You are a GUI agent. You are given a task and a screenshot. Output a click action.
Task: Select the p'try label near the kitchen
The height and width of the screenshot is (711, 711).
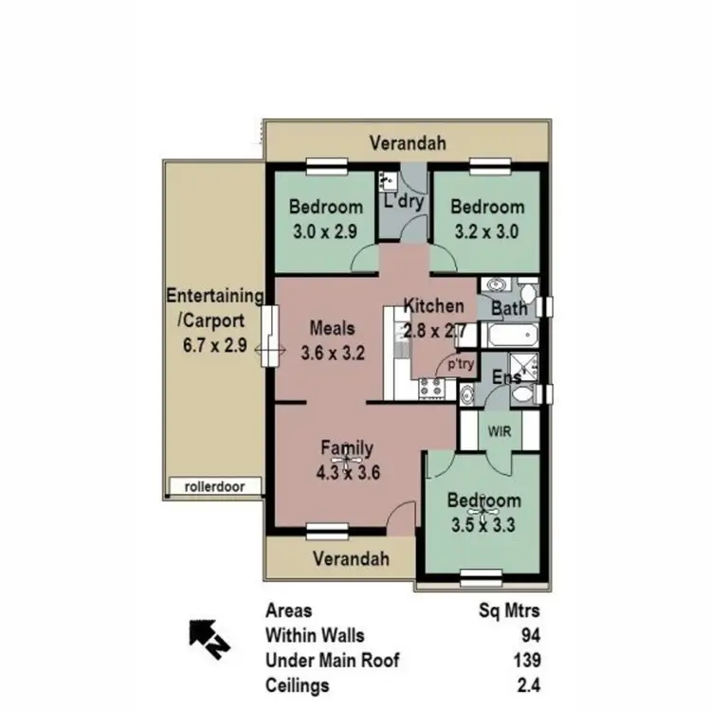(460, 363)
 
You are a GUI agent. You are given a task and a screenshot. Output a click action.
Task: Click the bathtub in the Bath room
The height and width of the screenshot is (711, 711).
(511, 335)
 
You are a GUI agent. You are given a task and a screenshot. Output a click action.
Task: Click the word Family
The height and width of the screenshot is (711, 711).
(346, 448)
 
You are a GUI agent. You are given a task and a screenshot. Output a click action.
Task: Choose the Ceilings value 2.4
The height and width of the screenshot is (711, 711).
(528, 684)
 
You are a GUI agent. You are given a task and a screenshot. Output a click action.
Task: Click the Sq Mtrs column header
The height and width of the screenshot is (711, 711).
(510, 611)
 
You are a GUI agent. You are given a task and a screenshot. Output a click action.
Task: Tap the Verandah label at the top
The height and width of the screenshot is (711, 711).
(408, 143)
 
